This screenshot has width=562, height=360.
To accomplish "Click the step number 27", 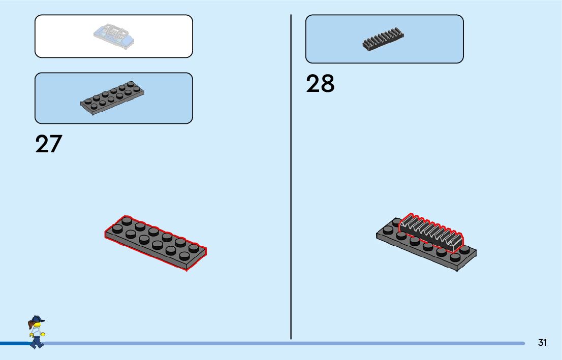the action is click(48, 144).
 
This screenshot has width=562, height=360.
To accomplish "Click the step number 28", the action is click(320, 84).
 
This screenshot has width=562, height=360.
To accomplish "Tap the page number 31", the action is click(542, 343).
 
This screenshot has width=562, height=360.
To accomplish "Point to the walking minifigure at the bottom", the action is click(36, 333).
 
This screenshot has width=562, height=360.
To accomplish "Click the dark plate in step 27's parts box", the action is click(112, 97).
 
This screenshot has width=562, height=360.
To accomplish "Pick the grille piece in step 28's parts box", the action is click(384, 40).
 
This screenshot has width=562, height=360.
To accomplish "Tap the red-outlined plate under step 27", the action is click(155, 242).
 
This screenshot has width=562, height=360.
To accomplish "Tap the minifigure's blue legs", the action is click(36, 343).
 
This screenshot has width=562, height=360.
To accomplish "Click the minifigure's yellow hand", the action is click(43, 334).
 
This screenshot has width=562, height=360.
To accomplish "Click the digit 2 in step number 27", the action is click(42, 144).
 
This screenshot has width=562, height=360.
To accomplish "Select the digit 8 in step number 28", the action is click(328, 84).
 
